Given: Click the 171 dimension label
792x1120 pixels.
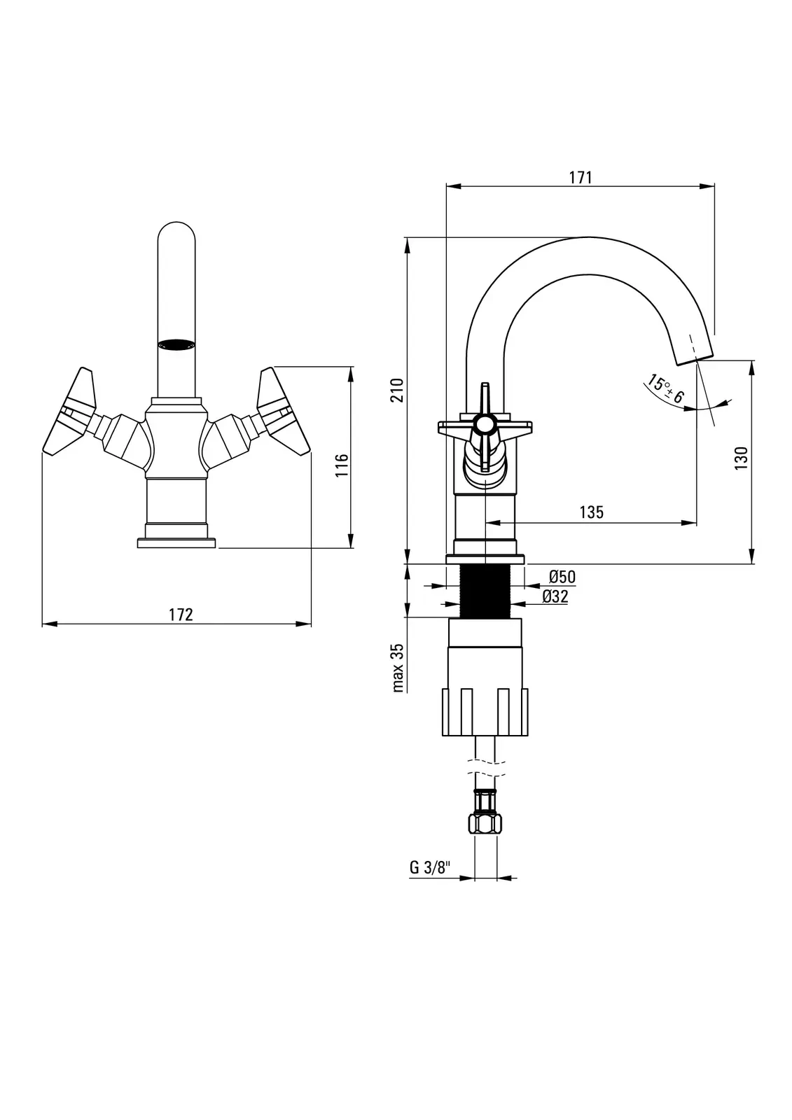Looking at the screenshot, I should pyautogui.click(x=581, y=177).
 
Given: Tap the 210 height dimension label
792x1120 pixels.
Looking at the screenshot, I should pyautogui.click(x=398, y=389).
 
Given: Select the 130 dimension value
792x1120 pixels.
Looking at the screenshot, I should pyautogui.click(x=742, y=458).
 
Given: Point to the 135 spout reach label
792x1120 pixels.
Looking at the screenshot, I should pyautogui.click(x=591, y=512).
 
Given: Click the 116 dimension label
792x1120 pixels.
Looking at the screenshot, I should pyautogui.click(x=342, y=465).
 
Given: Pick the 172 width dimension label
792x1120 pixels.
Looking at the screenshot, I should pyautogui.click(x=181, y=614).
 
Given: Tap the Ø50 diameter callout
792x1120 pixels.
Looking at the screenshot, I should pyautogui.click(x=562, y=577).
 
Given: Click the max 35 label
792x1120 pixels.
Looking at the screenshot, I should pyautogui.click(x=398, y=668).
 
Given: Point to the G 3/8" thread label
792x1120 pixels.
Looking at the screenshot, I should pyautogui.click(x=429, y=868).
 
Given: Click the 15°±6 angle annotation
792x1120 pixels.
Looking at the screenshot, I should pyautogui.click(x=666, y=390).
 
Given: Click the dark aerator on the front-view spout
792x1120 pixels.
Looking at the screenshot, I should pyautogui.click(x=176, y=344).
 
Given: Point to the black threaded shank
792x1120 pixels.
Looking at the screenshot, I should pyautogui.click(x=485, y=591).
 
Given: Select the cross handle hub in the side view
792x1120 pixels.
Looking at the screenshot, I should pyautogui.click(x=483, y=423).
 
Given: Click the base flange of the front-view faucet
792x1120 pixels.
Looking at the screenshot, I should pyautogui.click(x=176, y=542).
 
